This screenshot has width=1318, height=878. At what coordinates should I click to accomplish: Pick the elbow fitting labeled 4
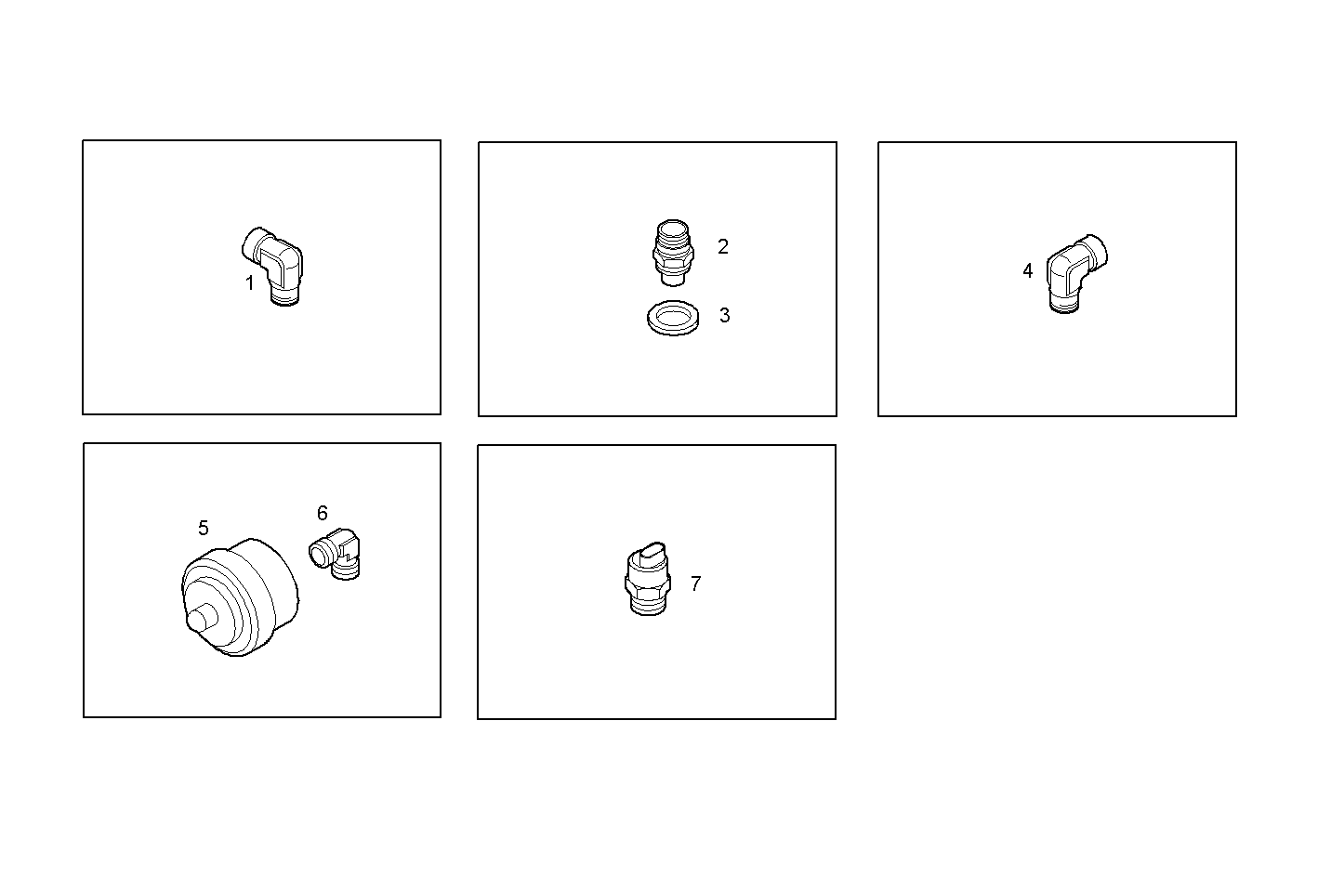(x=1075, y=272)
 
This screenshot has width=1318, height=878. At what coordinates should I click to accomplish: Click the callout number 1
(x=249, y=283)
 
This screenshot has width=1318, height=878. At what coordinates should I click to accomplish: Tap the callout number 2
(x=722, y=247)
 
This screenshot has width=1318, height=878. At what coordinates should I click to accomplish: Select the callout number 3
(x=724, y=316)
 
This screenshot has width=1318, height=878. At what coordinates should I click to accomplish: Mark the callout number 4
(x=1027, y=271)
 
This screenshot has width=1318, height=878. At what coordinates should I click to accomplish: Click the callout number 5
(x=203, y=529)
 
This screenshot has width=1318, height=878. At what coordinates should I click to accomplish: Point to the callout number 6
(x=322, y=514)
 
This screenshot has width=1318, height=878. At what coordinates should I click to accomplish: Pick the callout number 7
(x=695, y=584)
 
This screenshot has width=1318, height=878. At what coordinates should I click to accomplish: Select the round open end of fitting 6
(x=319, y=556)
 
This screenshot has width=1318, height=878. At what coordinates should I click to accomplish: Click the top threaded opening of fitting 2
(x=670, y=228)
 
